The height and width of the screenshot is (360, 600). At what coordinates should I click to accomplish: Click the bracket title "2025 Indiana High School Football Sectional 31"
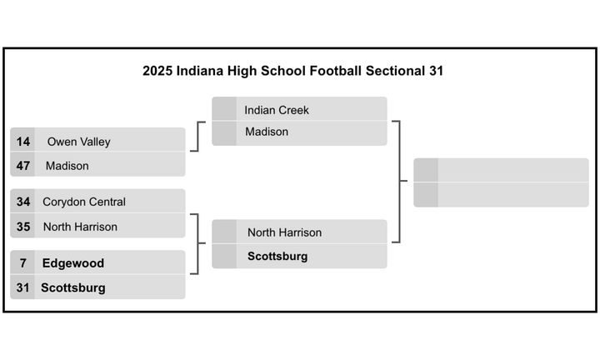292,71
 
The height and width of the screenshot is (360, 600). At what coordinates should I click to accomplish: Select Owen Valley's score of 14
23,142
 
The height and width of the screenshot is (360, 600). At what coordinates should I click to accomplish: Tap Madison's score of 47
23,166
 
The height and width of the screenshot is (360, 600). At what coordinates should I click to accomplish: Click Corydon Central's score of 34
23,202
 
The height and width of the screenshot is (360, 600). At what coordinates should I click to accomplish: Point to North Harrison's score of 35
23,227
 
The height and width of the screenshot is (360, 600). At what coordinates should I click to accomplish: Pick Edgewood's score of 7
23,263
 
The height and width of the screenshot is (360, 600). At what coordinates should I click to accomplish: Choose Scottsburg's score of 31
23,287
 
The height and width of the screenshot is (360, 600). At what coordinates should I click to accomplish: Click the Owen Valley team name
78,142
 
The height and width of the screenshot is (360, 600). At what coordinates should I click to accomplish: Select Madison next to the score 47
67,166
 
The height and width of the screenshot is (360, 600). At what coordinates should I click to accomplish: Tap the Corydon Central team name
84,202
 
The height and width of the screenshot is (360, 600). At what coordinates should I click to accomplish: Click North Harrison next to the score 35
80,227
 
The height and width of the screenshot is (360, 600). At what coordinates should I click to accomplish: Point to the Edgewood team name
73,263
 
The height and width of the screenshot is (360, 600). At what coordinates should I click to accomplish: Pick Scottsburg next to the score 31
73,287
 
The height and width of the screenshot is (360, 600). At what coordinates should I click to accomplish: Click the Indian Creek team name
277,110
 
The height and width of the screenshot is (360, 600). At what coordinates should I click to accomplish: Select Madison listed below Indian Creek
267,132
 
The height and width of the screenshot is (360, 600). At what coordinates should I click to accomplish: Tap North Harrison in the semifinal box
284,232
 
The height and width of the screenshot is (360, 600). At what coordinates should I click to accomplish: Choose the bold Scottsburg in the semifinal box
277,257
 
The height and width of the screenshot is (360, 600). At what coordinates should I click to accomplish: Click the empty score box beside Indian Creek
224,110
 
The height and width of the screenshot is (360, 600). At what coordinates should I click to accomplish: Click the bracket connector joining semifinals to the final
399,181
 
